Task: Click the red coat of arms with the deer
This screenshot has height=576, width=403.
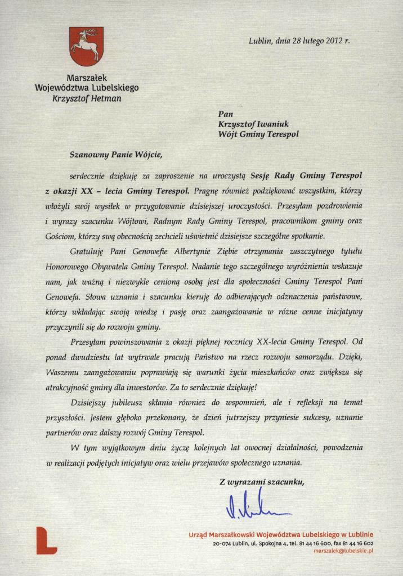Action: point(85,47)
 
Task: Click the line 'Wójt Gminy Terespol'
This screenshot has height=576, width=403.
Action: point(258,134)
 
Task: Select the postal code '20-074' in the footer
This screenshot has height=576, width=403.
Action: point(222,543)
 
